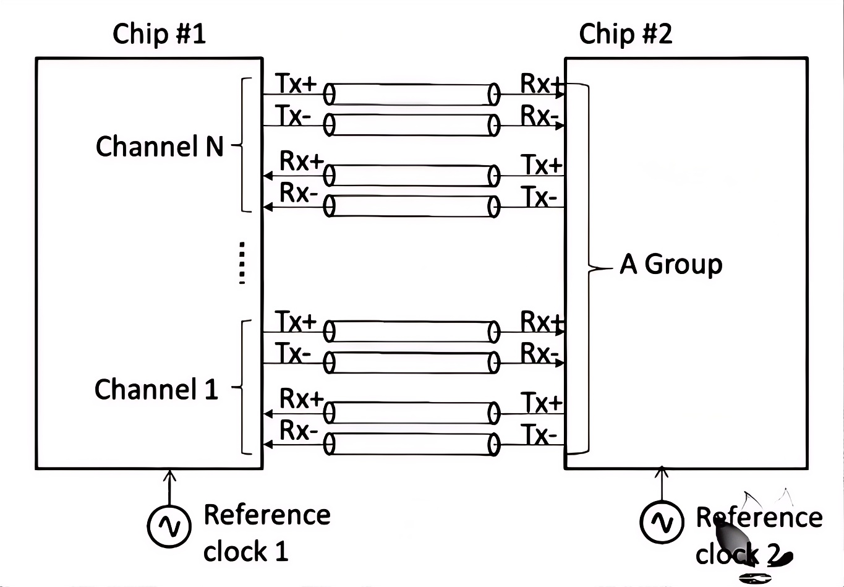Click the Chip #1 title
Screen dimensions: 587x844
[x=159, y=33]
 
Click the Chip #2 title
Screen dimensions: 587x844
[x=625, y=33]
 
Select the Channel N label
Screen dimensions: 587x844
[x=159, y=147]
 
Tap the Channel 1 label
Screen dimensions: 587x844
[x=156, y=389]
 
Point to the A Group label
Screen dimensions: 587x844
[x=671, y=264]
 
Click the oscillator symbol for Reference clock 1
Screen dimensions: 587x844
[x=168, y=526]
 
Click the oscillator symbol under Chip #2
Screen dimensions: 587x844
[x=662, y=522]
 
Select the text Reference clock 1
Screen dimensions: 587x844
[x=266, y=533]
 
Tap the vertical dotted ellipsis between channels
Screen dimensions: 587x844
[x=242, y=263]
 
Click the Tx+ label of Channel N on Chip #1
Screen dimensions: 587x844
[x=296, y=84]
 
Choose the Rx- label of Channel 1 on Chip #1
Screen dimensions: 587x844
[x=299, y=430]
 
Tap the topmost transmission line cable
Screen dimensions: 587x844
[x=411, y=95]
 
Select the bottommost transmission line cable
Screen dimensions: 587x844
[x=411, y=444]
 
